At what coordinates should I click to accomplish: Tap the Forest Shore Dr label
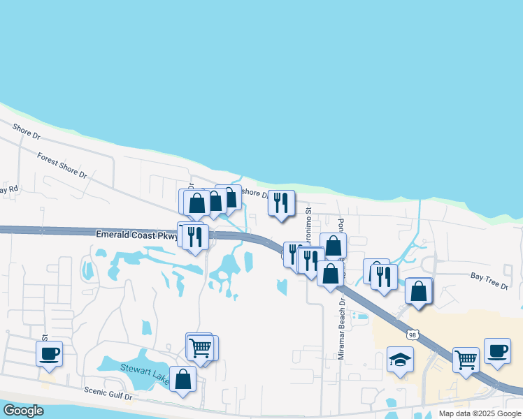point(62,166)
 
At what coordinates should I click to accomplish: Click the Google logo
point(23,411)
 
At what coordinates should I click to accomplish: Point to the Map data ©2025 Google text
point(480,413)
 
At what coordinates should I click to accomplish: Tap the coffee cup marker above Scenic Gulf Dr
point(49,353)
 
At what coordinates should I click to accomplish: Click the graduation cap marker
point(399,360)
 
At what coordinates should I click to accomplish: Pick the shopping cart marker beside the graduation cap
point(466,360)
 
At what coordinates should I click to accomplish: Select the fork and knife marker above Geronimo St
point(281,203)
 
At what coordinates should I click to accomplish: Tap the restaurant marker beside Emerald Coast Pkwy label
point(194,236)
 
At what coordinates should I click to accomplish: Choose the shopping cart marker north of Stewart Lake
point(201,347)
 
